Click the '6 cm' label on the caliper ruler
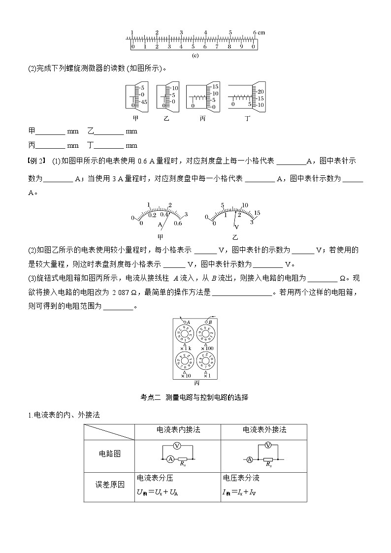click(259, 33)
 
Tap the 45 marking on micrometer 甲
click(144, 102)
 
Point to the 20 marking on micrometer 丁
click(261, 92)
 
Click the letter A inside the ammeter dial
click(160, 224)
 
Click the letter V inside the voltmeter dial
click(236, 227)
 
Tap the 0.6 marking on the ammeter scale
click(178, 223)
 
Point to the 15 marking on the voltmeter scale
click(257, 212)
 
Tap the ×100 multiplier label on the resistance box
click(206, 349)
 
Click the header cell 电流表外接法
click(264, 430)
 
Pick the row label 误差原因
click(109, 484)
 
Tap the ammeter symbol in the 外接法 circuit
click(250, 459)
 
